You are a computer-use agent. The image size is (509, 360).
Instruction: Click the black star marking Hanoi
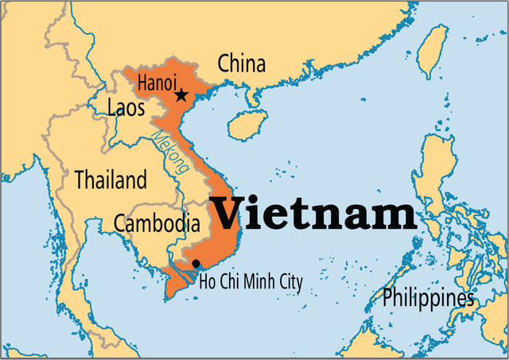click(x=181, y=95)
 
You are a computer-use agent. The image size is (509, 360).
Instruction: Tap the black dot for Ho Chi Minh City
click(x=196, y=263)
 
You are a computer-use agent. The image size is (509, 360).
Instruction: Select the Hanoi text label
click(x=157, y=81)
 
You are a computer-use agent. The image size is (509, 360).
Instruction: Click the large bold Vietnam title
click(x=313, y=214)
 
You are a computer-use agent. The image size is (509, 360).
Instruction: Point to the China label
click(x=242, y=64)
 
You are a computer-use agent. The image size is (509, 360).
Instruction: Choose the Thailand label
click(x=111, y=180)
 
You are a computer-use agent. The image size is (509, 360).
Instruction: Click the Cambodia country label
click(x=156, y=223)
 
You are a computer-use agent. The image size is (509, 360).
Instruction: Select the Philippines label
click(x=428, y=299)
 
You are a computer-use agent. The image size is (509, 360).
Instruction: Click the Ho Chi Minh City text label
click(x=251, y=281)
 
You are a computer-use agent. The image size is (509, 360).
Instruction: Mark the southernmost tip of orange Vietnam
click(x=168, y=298)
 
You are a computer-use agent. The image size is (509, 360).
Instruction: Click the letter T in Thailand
click(x=80, y=179)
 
